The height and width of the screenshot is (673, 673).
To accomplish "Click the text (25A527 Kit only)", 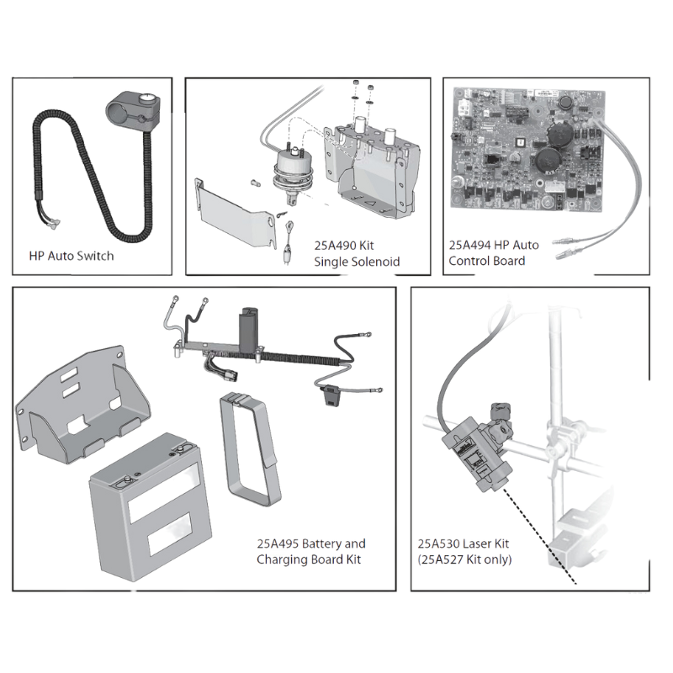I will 464,559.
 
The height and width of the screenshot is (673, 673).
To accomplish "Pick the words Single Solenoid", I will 357,262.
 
